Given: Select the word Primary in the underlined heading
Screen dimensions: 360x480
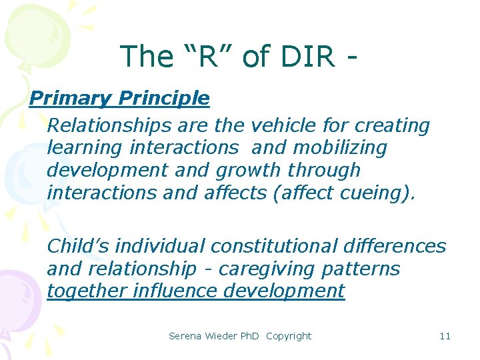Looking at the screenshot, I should pos(71,99).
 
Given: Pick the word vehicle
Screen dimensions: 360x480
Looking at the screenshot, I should pos(281,125).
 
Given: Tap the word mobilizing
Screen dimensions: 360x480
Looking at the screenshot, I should pos(339,147).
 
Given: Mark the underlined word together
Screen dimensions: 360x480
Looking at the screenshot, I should pos(87,291).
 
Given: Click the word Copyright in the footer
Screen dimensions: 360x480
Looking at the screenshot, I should pos(289,336).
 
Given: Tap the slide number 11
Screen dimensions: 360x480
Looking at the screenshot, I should pos(445,336).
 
